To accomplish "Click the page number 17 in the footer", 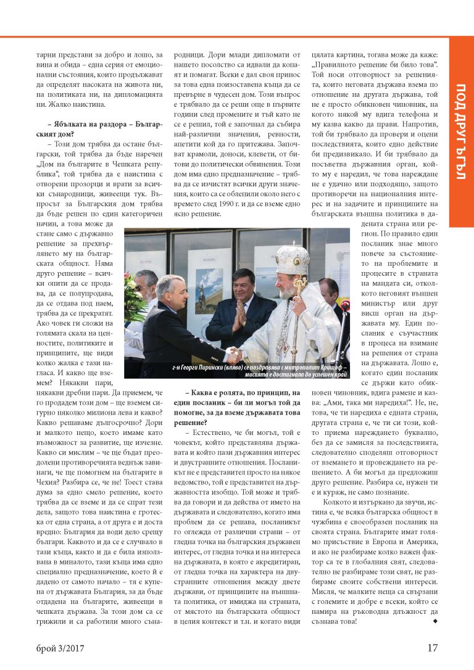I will coord(432,648).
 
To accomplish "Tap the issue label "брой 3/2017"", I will coord(60,648).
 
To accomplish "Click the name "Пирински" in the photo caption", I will coord(217,368).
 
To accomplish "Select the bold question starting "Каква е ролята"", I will coord(243,392).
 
